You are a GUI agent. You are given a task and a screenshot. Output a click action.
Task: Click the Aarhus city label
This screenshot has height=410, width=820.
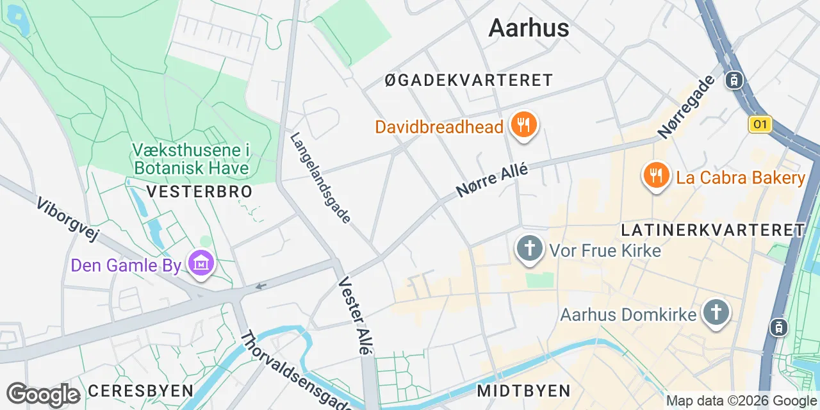[529, 28]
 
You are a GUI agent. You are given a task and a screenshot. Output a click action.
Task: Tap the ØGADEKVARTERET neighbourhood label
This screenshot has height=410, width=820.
[468, 80]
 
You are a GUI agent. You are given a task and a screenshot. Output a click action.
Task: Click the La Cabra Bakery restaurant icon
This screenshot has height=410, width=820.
[655, 177]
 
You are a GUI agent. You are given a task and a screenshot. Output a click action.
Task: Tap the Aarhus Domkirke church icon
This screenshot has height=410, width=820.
[716, 314]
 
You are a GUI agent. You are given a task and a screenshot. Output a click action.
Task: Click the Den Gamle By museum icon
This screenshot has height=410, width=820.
[201, 264]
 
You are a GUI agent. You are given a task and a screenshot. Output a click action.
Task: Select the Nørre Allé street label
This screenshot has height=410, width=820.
[492, 180]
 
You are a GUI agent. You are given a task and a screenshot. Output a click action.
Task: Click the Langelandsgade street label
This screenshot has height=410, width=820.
[320, 177]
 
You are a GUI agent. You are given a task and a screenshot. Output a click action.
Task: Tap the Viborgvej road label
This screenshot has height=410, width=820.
[67, 220]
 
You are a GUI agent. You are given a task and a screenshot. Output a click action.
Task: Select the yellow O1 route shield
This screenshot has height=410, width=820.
[760, 124]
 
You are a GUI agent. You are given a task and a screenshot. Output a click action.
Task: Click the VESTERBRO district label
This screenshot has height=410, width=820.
[199, 192]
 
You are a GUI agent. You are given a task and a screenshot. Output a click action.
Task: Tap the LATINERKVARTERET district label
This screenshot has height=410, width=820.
[712, 230]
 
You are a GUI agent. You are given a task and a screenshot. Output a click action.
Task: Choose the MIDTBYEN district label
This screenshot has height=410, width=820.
[523, 391]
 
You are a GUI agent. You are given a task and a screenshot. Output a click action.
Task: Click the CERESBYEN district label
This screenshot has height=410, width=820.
[140, 391]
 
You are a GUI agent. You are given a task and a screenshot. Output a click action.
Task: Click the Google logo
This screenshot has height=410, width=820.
[43, 395]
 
